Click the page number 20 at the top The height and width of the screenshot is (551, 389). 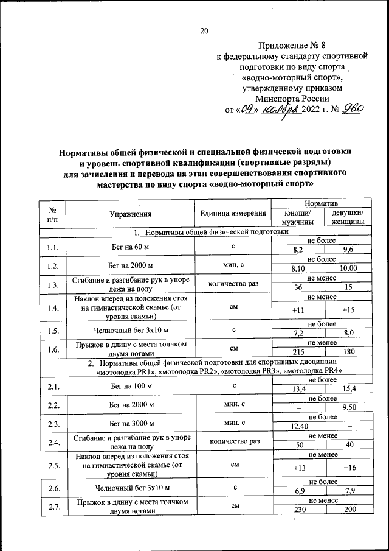(x=204, y=32)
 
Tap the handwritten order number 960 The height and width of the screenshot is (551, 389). (x=351, y=108)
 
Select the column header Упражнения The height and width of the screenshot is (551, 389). (x=130, y=214)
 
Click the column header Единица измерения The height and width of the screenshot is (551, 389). (x=233, y=214)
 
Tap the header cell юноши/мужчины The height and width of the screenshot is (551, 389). (x=298, y=218)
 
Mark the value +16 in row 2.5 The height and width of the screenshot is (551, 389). (x=348, y=468)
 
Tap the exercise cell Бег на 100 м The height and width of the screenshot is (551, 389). (x=130, y=387)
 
